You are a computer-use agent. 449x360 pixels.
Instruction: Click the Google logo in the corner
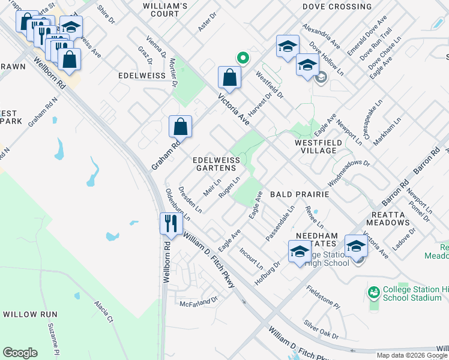click(20, 352)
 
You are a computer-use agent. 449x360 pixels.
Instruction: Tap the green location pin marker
click(243, 58)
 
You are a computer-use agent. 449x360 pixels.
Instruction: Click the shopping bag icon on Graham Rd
click(180, 127)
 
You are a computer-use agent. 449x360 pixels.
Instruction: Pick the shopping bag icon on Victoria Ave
click(229, 77)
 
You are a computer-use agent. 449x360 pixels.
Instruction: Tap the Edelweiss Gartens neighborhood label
click(216, 164)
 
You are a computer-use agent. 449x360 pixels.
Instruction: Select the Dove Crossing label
click(337, 7)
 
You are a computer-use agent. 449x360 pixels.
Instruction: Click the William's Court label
click(166, 6)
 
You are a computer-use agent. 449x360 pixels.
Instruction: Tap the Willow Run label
click(30, 314)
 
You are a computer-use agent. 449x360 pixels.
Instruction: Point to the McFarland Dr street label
click(198, 301)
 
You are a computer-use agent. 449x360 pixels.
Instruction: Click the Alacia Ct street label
click(103, 312)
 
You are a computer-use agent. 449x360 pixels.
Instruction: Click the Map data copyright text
click(412, 355)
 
